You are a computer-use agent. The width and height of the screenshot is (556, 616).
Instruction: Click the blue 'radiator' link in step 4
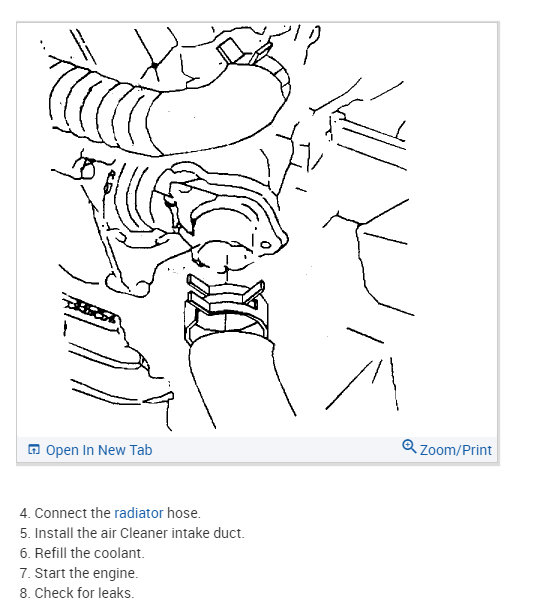pos(138,513)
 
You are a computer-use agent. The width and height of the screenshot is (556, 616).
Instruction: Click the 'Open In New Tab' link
pos(99,450)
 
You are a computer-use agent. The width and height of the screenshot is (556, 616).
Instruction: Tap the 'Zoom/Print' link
pos(455,450)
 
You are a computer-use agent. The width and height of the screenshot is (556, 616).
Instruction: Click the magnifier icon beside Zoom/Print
pos(408,447)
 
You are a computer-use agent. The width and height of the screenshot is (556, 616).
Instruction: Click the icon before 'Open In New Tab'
pos(34,450)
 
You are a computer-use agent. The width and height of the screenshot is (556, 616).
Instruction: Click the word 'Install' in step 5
pos(54,533)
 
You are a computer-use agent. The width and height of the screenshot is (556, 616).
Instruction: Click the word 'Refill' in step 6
pos(52,553)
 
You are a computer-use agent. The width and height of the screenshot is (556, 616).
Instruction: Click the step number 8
pos(23,593)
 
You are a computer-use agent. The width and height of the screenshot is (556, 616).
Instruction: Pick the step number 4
pos(23,513)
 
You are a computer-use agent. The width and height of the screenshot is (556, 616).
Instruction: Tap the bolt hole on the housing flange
pos(264,243)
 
